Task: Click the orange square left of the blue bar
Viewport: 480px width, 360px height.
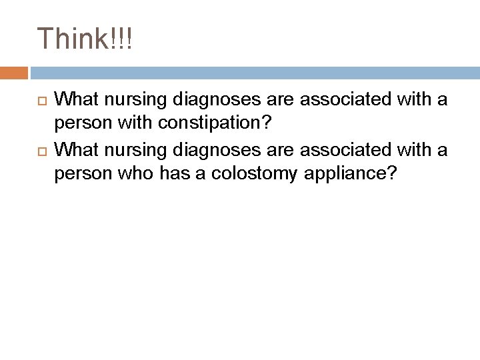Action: pyautogui.click(x=14, y=73)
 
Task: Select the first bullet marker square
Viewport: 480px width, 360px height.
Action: pyautogui.click(x=40, y=100)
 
